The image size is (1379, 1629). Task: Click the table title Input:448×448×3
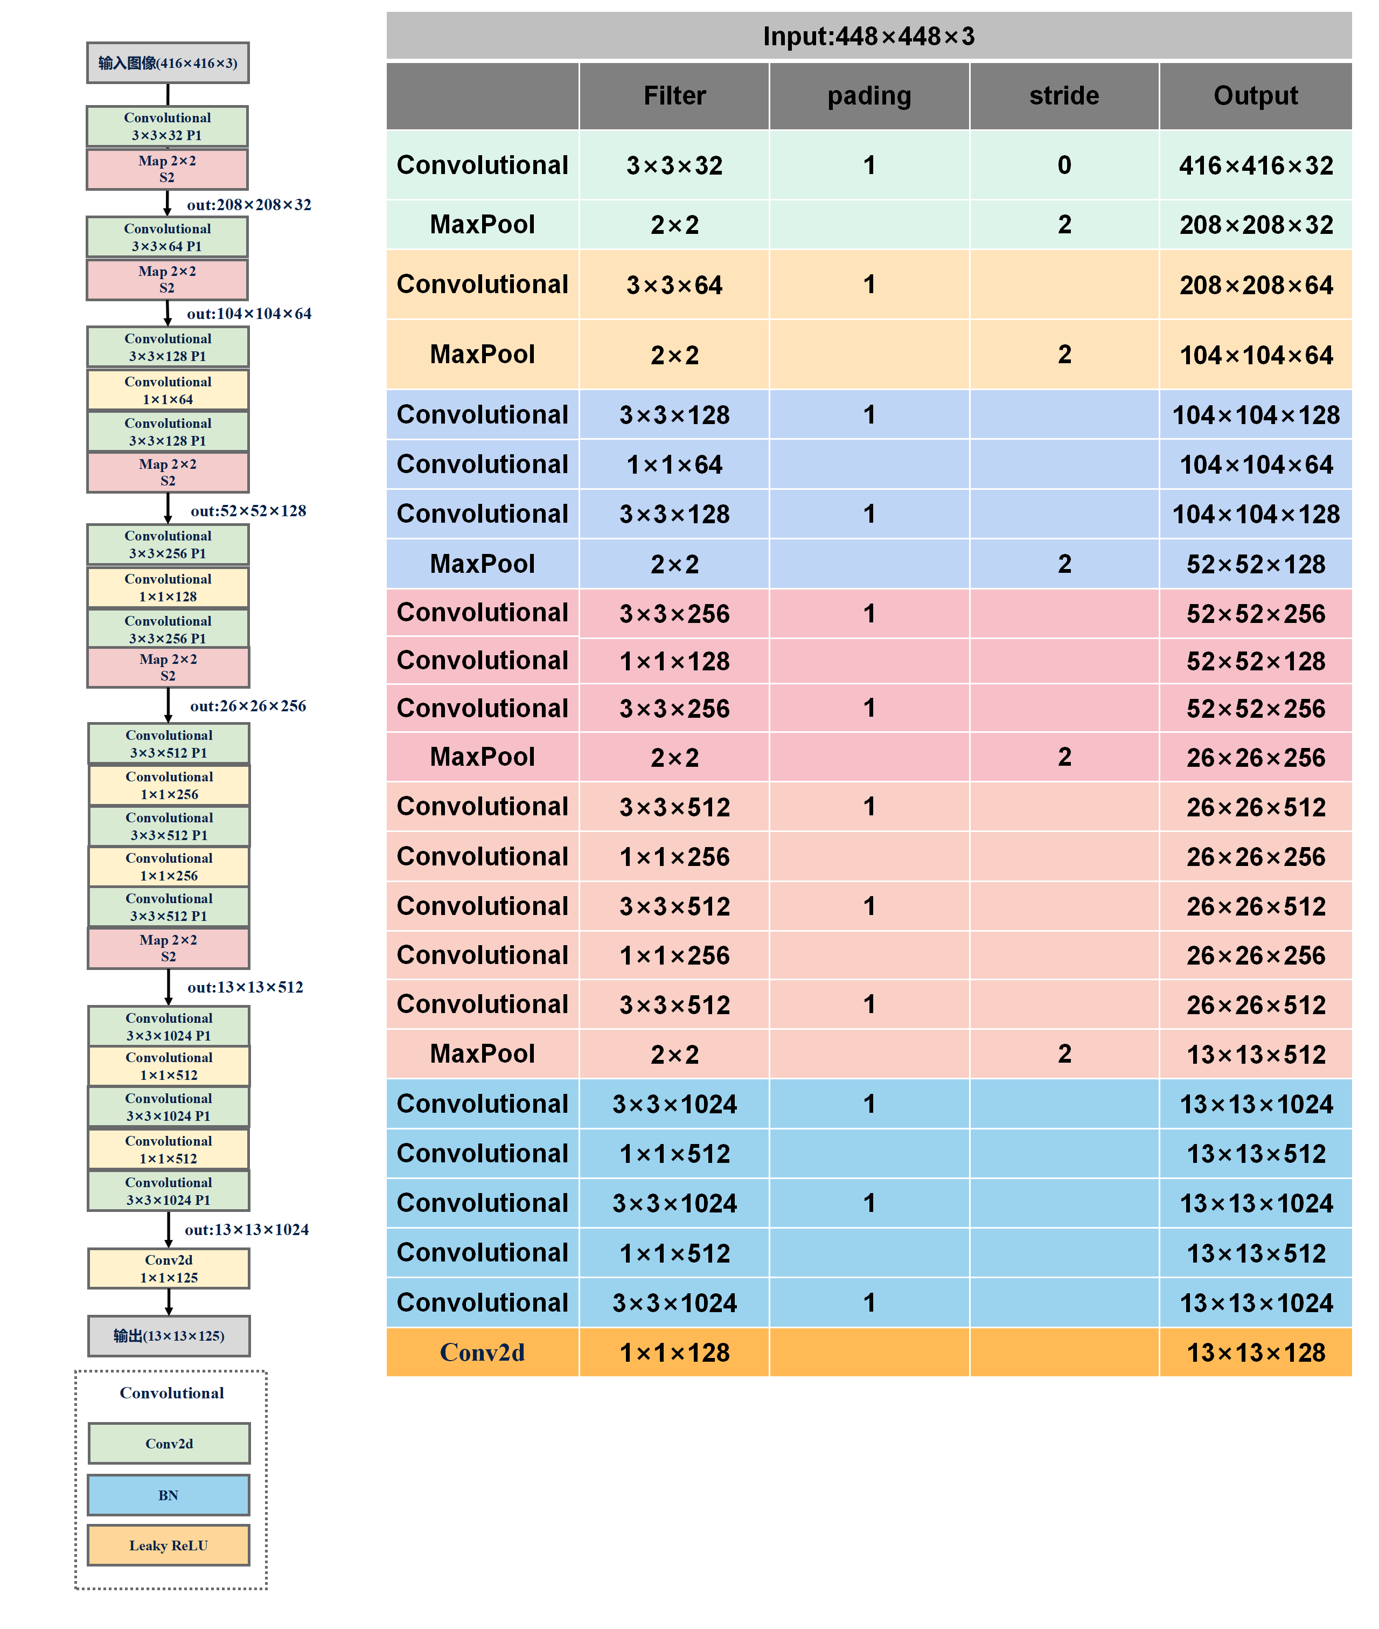point(868,36)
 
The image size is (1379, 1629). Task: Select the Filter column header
point(674,95)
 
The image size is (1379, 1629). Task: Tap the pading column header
point(868,95)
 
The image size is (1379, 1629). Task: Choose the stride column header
point(1063,95)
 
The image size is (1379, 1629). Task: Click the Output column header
point(1255,95)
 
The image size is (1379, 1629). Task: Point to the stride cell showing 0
point(1063,165)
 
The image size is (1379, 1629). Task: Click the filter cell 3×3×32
point(674,165)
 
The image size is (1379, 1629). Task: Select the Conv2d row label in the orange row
point(482,1352)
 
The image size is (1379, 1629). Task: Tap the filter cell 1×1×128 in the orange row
point(674,1352)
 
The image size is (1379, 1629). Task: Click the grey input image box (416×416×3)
point(168,63)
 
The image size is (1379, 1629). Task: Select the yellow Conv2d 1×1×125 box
point(168,1268)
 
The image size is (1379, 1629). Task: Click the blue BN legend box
point(168,1494)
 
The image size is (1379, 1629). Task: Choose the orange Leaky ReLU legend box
point(168,1544)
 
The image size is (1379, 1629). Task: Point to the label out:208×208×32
point(248,205)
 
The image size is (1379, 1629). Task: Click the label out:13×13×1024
point(246,1229)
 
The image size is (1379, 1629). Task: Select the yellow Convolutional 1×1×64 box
point(168,390)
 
